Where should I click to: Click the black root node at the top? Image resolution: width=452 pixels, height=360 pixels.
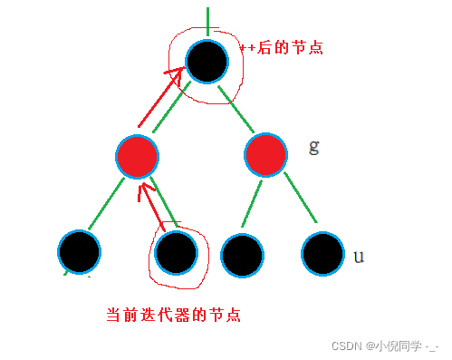[x=207, y=60]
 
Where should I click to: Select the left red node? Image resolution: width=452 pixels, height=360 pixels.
[x=138, y=156]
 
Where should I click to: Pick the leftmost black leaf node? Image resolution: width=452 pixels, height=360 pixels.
[x=80, y=251]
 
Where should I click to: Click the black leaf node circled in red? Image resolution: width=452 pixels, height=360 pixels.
[x=176, y=251]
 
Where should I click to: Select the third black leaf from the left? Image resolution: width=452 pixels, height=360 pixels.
[x=242, y=254]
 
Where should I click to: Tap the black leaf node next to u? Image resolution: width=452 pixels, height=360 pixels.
[x=323, y=254]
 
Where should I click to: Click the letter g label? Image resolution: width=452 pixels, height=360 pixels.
[x=313, y=147]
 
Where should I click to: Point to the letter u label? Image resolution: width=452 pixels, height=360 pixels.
[x=359, y=257]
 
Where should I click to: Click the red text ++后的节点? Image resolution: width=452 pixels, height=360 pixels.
[x=284, y=47]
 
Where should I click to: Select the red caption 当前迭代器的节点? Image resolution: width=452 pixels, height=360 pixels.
[x=173, y=315]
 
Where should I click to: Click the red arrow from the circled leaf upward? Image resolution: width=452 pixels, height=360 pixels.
[x=150, y=205]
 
